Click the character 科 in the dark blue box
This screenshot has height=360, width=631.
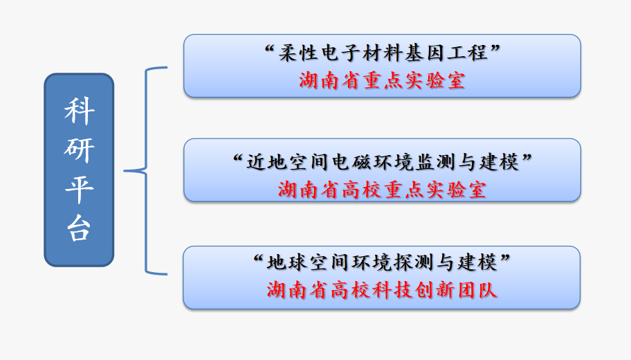tap(80, 111)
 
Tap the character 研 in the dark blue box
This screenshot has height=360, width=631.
tap(80, 150)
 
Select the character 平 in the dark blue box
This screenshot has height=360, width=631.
tap(80, 189)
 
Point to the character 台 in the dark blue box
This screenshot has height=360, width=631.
tap(80, 228)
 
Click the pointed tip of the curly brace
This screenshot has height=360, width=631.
tap(125, 171)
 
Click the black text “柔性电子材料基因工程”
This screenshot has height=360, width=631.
tap(383, 53)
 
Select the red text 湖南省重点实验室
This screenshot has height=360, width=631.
tap(383, 80)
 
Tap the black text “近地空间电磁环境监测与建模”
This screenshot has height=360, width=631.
tap(383, 162)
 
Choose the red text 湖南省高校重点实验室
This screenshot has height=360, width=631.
tap(383, 190)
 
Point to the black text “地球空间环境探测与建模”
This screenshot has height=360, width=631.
tap(382, 262)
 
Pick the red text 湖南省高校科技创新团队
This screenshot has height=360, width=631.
tap(382, 290)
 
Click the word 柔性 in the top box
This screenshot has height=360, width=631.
tap(298, 53)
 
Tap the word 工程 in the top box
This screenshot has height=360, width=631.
tap(468, 53)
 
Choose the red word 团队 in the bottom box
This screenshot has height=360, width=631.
tap(477, 290)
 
